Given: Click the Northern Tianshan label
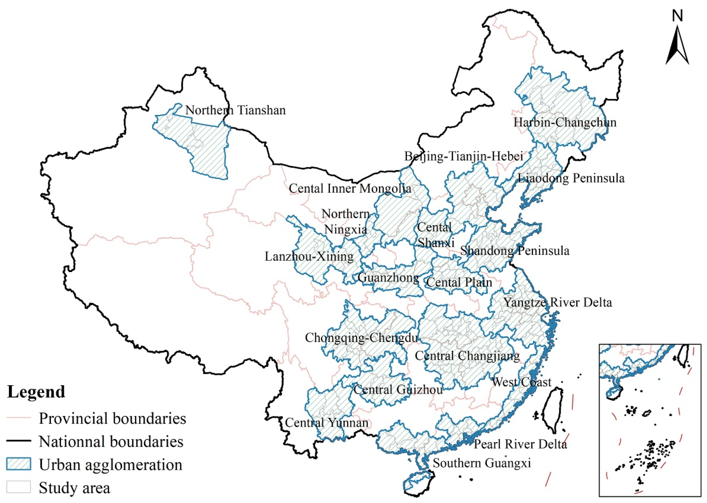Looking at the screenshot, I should [x=235, y=111].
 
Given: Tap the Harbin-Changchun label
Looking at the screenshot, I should [x=565, y=122].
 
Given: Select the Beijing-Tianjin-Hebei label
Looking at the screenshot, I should [x=464, y=156].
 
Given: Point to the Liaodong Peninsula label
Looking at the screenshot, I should [x=571, y=178].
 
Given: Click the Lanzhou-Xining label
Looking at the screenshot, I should [x=309, y=257].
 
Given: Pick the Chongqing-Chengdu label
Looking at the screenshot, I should [x=361, y=338].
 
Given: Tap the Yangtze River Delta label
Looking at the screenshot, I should [x=558, y=302].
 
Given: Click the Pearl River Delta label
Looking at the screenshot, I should [x=520, y=444].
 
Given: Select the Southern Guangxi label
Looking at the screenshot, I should [x=482, y=463].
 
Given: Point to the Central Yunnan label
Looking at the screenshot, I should [x=326, y=423].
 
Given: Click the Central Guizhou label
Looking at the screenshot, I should [x=398, y=390].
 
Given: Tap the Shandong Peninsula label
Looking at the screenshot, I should [x=515, y=251].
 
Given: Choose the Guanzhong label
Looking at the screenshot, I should [x=388, y=278].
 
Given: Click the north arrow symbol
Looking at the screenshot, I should [x=677, y=46].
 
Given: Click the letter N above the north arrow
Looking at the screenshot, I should [x=677, y=16].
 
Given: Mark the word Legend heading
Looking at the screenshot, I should [x=36, y=392].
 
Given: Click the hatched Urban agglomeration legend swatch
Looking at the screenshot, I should [x=18, y=464].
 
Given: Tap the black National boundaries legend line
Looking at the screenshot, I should [x=18, y=441].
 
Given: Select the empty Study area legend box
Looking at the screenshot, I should [x=18, y=487].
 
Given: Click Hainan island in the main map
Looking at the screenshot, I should [x=418, y=482].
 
